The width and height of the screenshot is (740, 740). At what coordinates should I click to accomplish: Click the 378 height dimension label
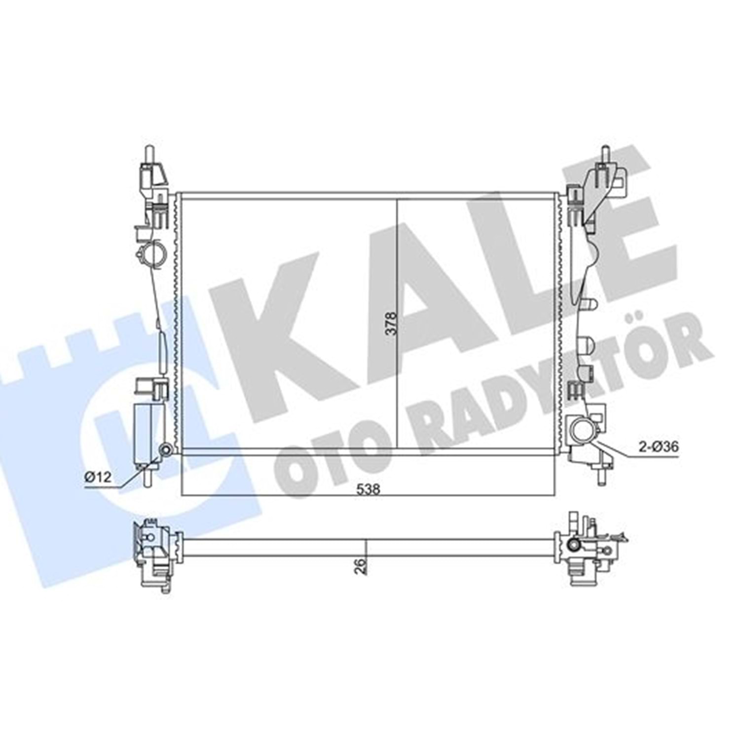click(391, 323)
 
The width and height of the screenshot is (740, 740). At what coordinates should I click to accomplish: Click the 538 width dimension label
click(369, 489)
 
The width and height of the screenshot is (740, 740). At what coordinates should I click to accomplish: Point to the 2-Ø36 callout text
click(659, 446)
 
